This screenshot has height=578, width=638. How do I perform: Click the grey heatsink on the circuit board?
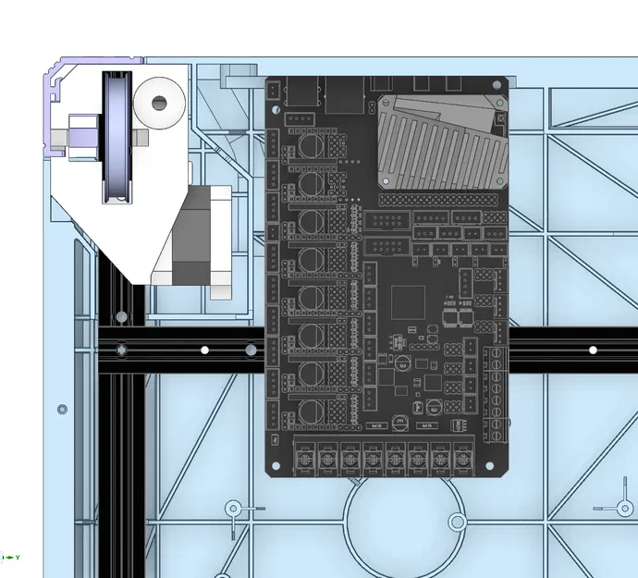coord(442,141)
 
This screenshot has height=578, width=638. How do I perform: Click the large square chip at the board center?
coord(408,303)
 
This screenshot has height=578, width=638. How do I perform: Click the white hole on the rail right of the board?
coord(594,350)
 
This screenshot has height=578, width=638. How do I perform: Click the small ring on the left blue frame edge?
coord(62,409)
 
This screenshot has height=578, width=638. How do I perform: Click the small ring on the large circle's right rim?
coord(456,523)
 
